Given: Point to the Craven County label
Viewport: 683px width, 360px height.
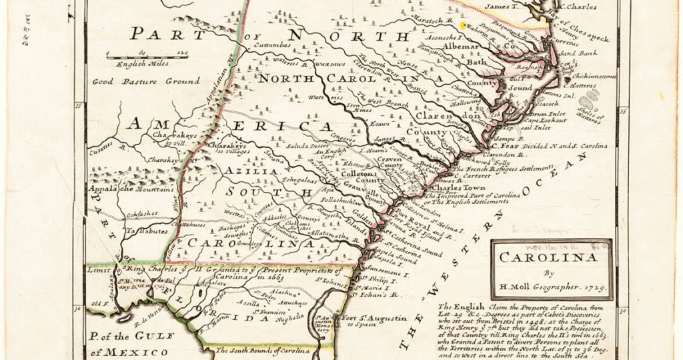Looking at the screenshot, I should click(x=398, y=167).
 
